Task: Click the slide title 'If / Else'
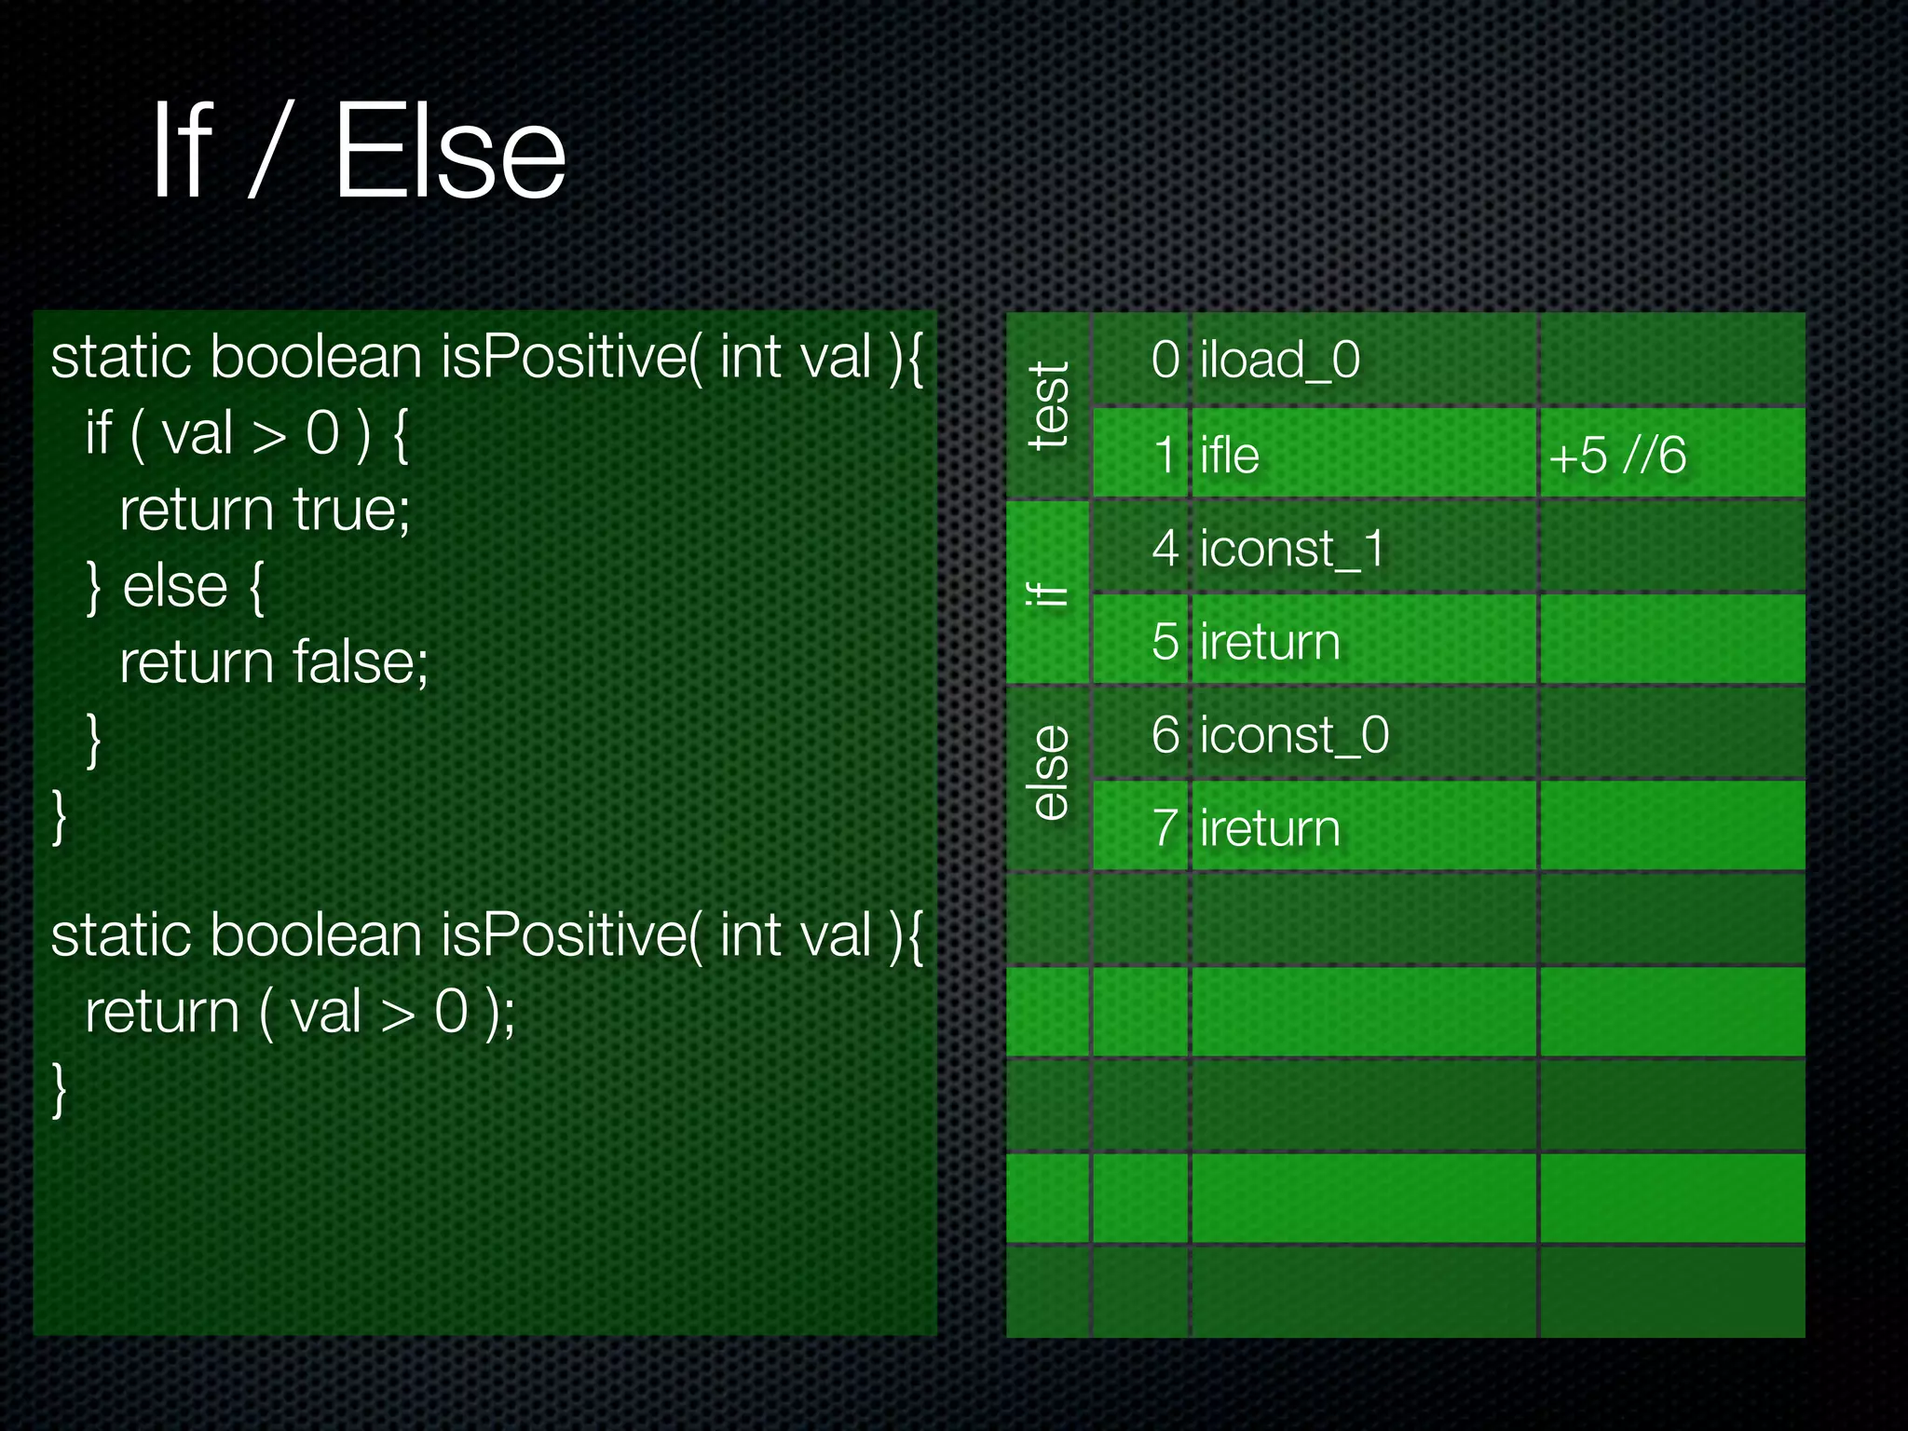pos(359,151)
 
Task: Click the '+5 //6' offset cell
pos(1617,455)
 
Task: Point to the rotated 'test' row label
pos(1049,406)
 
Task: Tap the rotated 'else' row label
pos(1049,773)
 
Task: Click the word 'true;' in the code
pos(351,510)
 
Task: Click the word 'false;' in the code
pos(360,661)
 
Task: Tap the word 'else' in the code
pos(175,586)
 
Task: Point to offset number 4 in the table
pos(1165,548)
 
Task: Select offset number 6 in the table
pos(1165,734)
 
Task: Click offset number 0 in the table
pos(1165,360)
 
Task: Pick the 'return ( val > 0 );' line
pos(299,1012)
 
